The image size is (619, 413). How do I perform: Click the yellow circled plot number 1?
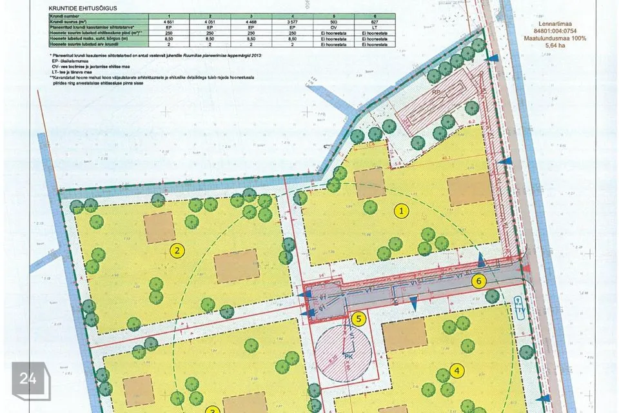click(x=402, y=210)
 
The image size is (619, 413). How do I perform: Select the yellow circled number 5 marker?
click(x=360, y=318)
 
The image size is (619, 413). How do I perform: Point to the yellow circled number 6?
click(x=478, y=281)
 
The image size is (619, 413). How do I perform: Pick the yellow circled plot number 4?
click(x=457, y=370)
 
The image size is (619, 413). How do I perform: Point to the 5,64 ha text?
click(x=559, y=46)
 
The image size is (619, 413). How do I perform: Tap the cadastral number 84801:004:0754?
click(x=559, y=32)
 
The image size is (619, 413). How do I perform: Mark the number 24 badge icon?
click(x=28, y=379)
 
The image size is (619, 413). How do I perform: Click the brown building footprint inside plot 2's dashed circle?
click(x=237, y=266)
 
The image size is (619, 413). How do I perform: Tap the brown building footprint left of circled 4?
click(x=404, y=334)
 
